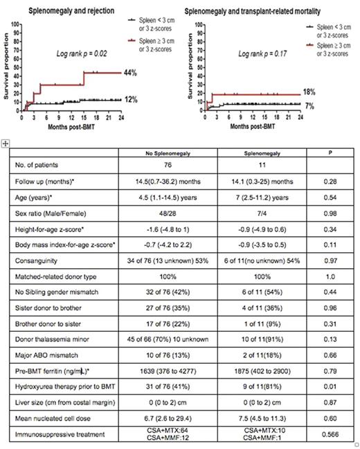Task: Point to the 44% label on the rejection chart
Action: pos(132,73)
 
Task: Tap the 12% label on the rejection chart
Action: pos(132,100)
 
